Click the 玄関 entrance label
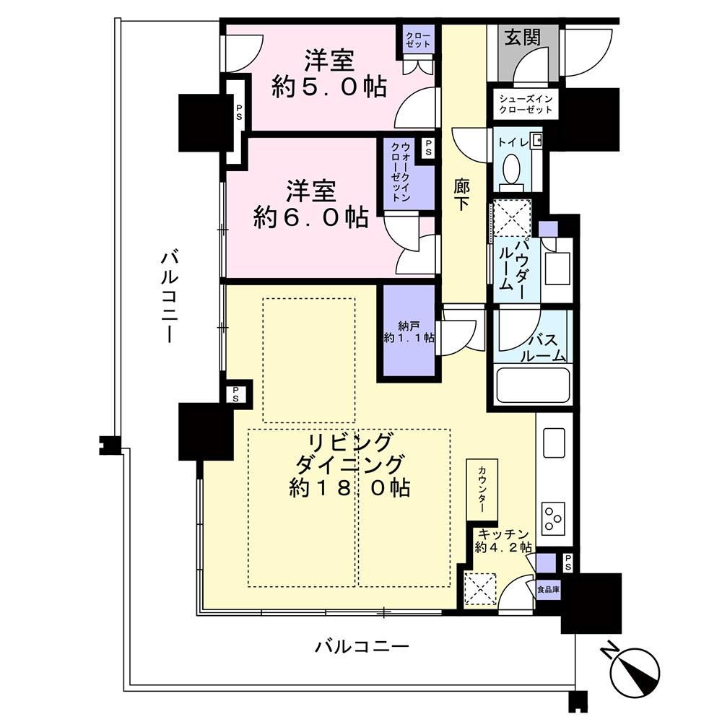522,38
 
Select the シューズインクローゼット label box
526,103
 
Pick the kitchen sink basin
554,443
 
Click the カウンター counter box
482,490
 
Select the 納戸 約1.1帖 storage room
407,331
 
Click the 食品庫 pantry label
548,589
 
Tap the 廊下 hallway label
462,195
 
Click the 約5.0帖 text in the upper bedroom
329,87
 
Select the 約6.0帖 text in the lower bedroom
310,217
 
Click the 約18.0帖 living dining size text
350,487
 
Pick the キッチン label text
503,534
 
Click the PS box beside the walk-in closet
428,148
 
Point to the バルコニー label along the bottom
362,647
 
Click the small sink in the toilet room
536,140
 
